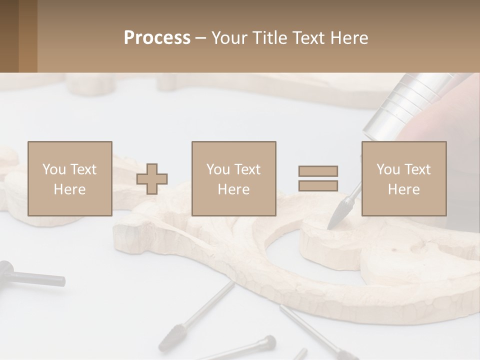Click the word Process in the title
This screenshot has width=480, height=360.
(x=157, y=38)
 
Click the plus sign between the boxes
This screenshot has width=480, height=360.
(x=152, y=179)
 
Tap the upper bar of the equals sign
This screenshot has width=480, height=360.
(x=318, y=171)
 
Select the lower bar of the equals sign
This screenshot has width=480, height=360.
(x=318, y=185)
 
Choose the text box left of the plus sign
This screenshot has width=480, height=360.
(x=69, y=178)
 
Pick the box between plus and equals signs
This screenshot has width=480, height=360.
(x=233, y=178)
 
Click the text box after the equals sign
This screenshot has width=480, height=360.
(x=403, y=178)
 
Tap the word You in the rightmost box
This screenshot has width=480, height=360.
(x=387, y=169)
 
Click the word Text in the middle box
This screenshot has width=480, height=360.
(x=247, y=169)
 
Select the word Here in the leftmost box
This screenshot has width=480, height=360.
(x=69, y=189)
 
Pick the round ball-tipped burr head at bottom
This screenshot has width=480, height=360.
(x=269, y=341)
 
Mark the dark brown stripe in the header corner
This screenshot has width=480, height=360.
(x=9, y=36)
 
